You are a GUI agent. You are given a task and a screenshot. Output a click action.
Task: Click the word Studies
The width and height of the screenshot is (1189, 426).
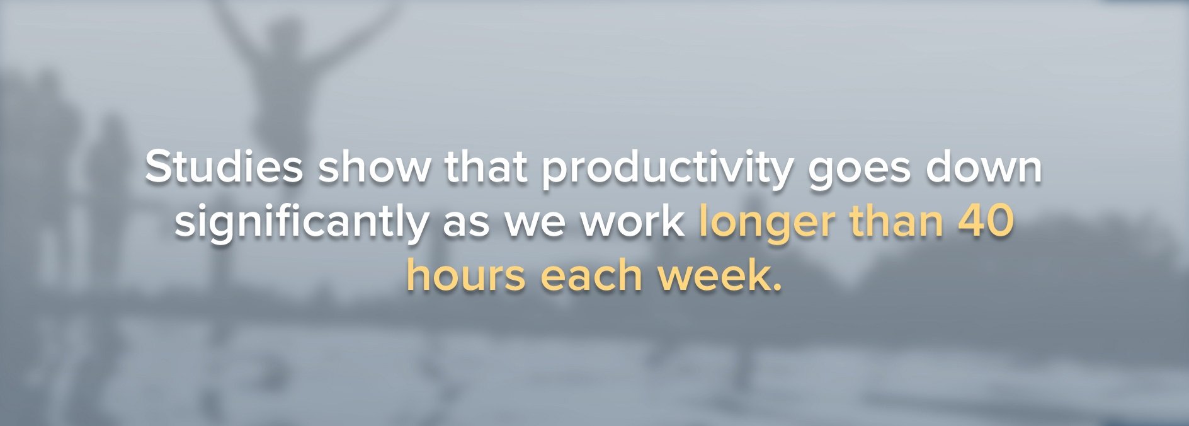point(224,168)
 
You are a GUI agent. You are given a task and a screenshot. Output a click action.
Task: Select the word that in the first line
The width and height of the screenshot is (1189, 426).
point(486,168)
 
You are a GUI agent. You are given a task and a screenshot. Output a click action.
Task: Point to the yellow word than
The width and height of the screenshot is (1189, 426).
point(896,222)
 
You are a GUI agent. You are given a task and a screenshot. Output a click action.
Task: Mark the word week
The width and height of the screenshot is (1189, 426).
point(710,276)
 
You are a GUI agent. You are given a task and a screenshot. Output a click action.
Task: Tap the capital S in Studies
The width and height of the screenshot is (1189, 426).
point(159,168)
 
